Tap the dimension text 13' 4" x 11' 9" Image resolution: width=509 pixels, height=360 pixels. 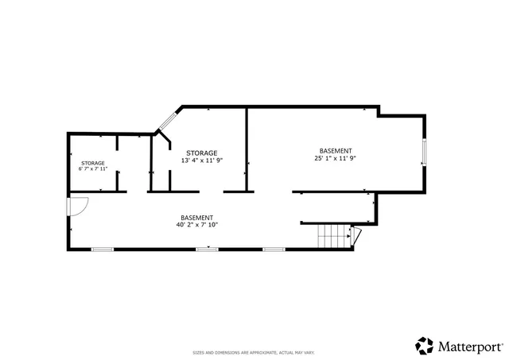point(201,160)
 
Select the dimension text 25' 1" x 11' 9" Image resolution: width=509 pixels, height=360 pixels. point(335,158)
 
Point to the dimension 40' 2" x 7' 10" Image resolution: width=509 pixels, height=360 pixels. point(196,225)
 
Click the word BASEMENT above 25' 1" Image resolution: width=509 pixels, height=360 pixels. point(336,150)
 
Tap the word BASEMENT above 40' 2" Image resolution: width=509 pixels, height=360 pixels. point(196,218)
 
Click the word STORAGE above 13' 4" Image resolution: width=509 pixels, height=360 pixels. point(201,152)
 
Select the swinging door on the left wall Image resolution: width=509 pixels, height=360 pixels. point(76,207)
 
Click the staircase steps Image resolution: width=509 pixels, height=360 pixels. point(334,236)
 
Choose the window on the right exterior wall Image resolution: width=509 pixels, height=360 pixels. point(425,152)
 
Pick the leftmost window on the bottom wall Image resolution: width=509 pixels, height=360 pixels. point(102,250)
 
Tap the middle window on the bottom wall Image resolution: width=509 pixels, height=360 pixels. point(207,250)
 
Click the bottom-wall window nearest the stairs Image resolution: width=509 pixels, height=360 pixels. point(274,250)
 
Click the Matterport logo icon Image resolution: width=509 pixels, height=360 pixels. point(425,346)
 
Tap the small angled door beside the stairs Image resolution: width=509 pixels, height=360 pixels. point(356,235)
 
